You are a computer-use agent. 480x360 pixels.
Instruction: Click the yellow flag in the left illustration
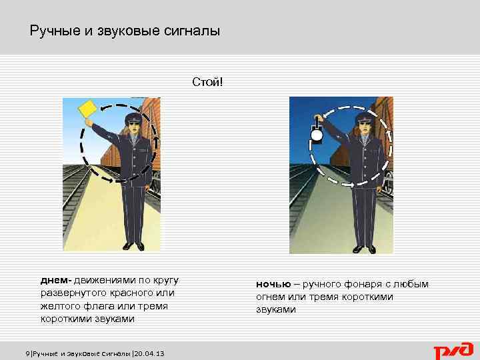(87, 109)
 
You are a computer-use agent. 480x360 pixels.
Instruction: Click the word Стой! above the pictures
(207, 83)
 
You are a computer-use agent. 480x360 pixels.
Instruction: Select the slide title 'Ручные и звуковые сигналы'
(125, 31)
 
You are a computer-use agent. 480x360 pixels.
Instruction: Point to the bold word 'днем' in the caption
(55, 279)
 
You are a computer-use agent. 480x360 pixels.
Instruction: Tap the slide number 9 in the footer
(27, 353)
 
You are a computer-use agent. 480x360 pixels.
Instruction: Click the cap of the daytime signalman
(135, 118)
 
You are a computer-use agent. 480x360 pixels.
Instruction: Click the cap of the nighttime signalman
(365, 117)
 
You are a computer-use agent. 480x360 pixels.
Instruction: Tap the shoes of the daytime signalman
(134, 246)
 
